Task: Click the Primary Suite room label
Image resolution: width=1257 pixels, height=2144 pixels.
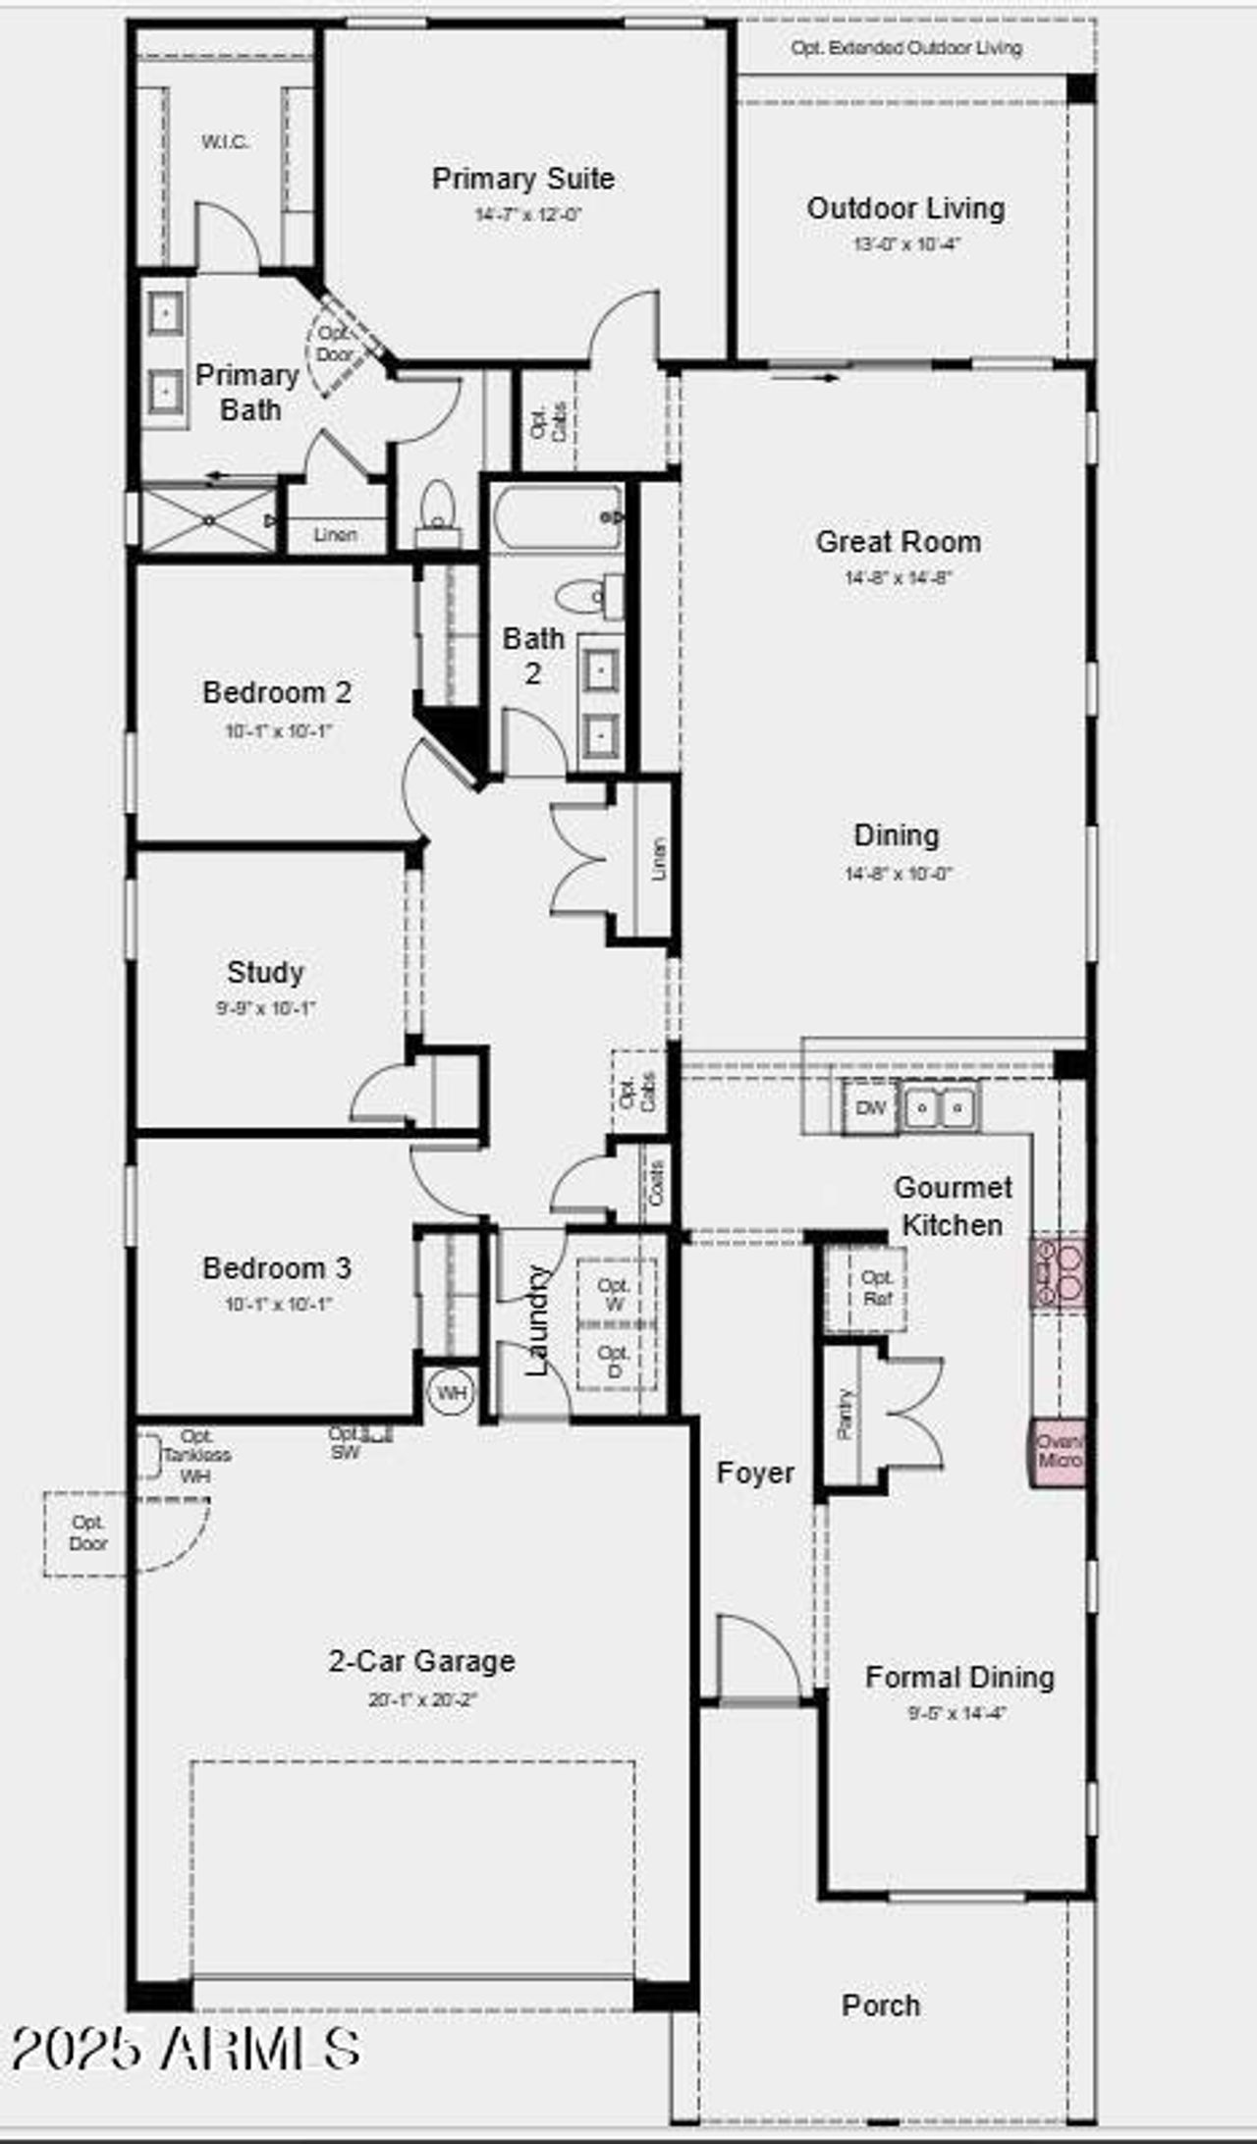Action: click(x=523, y=179)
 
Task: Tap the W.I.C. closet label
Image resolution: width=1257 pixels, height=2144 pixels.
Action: click(x=225, y=142)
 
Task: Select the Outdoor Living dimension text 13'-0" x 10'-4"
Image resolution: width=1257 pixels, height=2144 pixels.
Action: click(x=906, y=244)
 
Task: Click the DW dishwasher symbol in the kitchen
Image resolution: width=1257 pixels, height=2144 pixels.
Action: click(x=870, y=1108)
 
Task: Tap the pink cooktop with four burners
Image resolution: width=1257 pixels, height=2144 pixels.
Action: click(x=1058, y=1272)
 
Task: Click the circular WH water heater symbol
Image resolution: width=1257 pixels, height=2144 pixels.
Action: click(x=451, y=1393)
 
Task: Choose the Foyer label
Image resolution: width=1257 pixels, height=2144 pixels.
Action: click(x=755, y=1473)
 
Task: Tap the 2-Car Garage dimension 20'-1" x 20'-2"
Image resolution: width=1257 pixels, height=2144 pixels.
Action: click(x=422, y=1700)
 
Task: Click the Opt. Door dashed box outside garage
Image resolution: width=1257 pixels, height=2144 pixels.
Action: click(x=86, y=1533)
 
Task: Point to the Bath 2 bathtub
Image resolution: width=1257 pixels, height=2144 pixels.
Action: click(x=558, y=518)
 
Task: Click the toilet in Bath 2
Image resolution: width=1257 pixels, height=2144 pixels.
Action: click(x=585, y=595)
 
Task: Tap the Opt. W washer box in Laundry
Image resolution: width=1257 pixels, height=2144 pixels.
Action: click(x=615, y=1294)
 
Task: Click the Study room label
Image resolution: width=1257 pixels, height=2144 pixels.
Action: click(x=265, y=972)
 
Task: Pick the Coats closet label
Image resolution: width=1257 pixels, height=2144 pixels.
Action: click(x=656, y=1183)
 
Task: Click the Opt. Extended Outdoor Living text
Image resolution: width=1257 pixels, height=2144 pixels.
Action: click(x=906, y=48)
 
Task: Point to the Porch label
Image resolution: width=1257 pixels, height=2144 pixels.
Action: click(x=881, y=2006)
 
